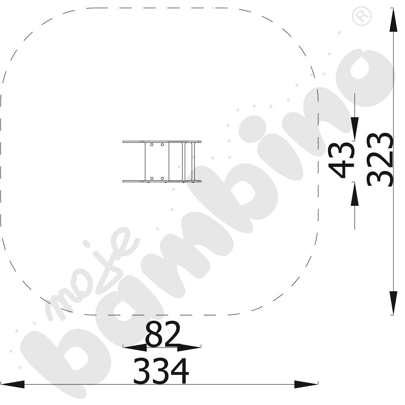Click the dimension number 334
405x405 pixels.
click(x=161, y=371)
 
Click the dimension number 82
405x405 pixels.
click(x=162, y=335)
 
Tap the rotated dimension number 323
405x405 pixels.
click(x=380, y=160)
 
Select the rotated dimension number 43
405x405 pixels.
click(x=342, y=161)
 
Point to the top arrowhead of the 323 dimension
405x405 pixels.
click(x=393, y=20)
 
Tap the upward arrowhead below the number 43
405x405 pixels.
click(x=355, y=194)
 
